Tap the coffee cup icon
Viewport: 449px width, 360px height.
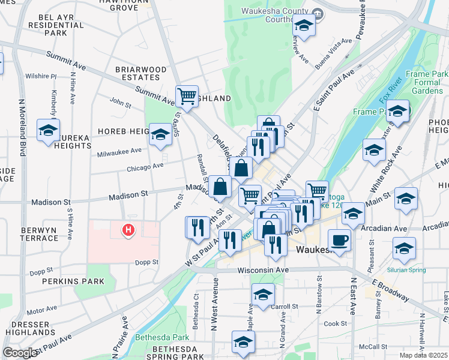coord(340,240)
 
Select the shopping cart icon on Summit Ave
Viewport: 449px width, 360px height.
coord(187,95)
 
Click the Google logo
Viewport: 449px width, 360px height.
coord(20,353)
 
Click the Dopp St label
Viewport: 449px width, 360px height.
coord(146,262)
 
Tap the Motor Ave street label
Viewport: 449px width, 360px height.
coord(41,311)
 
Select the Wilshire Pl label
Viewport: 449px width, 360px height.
coord(41,76)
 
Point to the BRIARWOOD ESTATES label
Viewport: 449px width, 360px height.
coord(141,73)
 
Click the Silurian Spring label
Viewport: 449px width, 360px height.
coord(406,270)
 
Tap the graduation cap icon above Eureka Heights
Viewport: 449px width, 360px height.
coord(48,129)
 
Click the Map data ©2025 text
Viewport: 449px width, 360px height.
coord(423,355)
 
